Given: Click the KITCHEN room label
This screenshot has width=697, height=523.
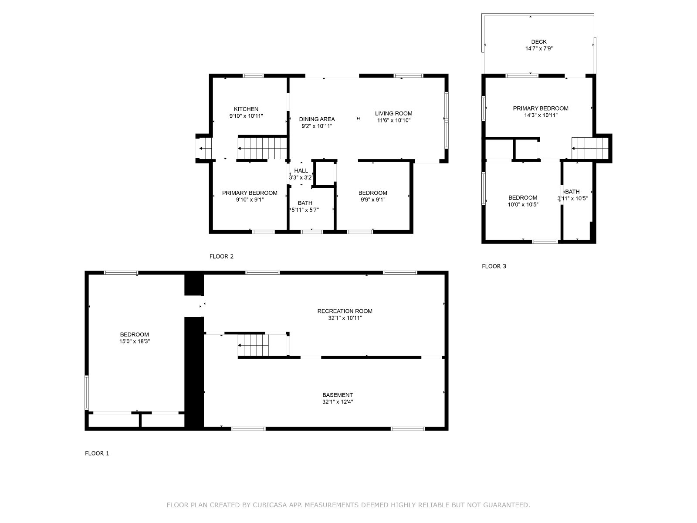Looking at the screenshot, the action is (246, 109).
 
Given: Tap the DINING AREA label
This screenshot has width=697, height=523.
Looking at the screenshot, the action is (317, 119).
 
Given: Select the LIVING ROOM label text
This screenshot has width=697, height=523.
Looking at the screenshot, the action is (393, 113).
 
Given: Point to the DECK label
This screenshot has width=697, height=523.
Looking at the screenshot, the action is (538, 41).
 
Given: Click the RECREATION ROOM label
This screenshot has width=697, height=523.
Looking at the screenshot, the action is (345, 311).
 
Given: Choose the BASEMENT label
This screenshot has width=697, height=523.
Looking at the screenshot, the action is (338, 395).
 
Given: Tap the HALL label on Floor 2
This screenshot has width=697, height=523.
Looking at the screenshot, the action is (301, 170).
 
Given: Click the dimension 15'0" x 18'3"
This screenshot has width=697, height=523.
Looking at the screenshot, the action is (134, 341).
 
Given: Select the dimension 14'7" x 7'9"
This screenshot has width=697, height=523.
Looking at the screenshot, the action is (538, 48).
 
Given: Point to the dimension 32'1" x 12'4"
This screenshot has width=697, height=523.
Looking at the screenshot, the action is (338, 402).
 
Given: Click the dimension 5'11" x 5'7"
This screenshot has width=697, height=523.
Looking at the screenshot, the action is (305, 210).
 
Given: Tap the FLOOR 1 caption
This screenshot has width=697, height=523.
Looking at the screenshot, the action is (97, 453).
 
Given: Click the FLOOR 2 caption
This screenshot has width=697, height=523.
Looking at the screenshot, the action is (221, 256).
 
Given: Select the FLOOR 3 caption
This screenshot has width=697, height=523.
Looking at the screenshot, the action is (494, 266).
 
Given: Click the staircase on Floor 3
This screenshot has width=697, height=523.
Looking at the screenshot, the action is (590, 148).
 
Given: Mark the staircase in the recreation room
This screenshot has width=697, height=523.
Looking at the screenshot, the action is (253, 346).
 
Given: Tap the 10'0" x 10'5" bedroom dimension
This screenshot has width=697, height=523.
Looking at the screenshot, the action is (523, 204).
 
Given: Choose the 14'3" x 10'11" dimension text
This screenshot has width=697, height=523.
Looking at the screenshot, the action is (541, 115).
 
